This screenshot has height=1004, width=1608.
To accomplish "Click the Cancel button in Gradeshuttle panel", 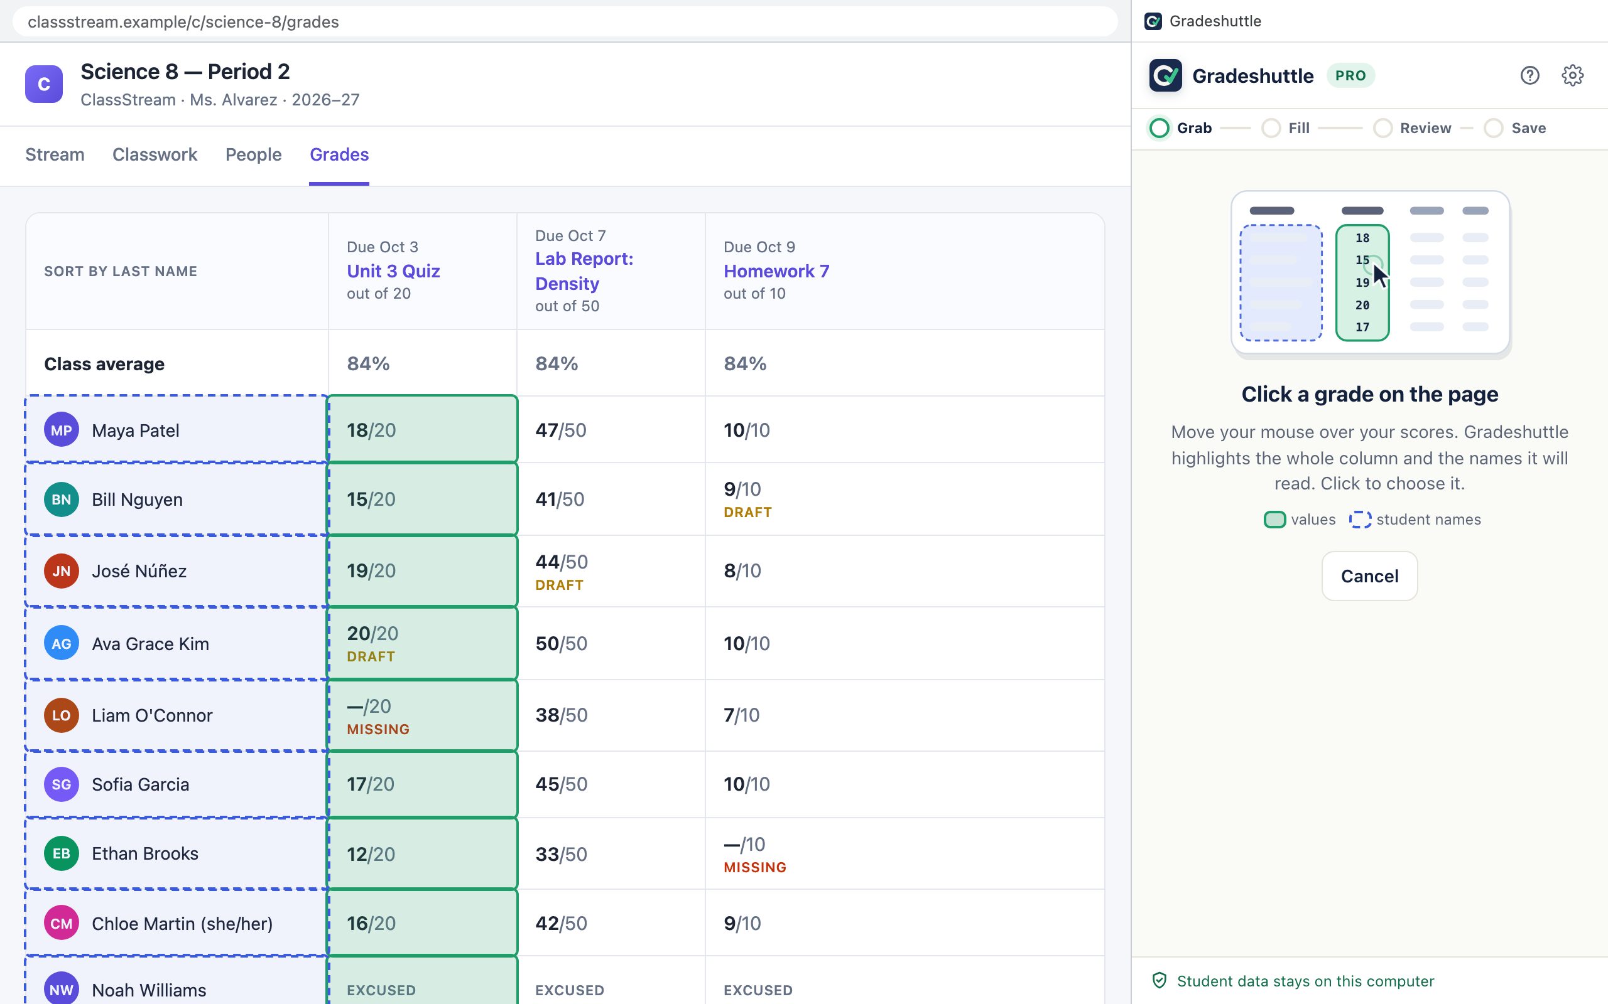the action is click(1369, 575).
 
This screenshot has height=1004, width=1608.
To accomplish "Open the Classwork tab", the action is click(155, 155).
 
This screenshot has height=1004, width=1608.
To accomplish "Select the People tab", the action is click(253, 155).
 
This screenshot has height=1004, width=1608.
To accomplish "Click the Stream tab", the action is click(55, 155).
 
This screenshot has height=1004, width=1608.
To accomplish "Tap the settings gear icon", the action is click(1572, 75).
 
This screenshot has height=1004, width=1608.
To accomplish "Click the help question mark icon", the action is click(1529, 75).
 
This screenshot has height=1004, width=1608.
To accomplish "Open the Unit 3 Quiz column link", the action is click(393, 271).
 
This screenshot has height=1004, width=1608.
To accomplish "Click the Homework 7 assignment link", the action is click(776, 271).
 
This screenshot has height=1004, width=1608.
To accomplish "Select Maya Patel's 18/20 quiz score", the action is click(371, 430).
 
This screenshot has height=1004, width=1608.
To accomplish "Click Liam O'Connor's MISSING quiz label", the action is click(378, 729).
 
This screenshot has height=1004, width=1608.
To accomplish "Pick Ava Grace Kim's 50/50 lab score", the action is click(562, 643).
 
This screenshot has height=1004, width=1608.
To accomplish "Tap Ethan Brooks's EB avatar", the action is click(61, 853).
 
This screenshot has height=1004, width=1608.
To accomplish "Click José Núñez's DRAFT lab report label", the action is click(560, 585).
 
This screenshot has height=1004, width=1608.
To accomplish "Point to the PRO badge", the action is click(1351, 75).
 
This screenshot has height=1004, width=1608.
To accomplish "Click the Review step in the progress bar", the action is click(1425, 128).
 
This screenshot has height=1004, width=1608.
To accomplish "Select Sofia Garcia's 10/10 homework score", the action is click(747, 784).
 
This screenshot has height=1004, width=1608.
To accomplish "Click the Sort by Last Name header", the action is click(120, 271).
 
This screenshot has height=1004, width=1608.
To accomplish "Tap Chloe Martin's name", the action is click(182, 924).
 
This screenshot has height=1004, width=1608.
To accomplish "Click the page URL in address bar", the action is click(183, 22).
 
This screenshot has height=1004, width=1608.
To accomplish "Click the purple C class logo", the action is click(44, 84).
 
